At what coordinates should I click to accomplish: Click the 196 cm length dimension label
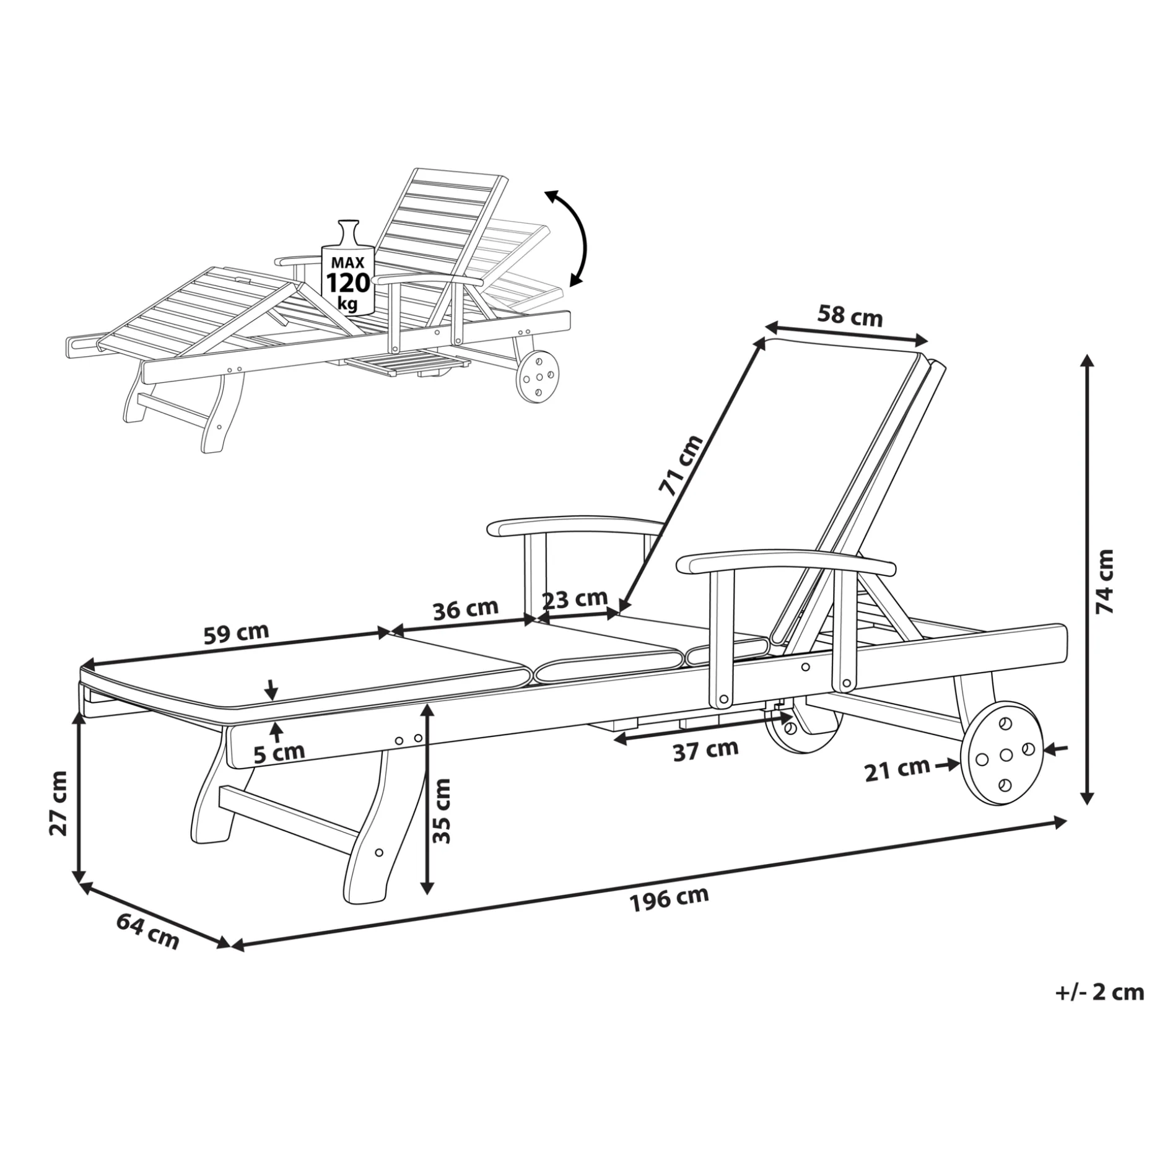click(x=669, y=899)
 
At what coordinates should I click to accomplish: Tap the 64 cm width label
click(x=147, y=932)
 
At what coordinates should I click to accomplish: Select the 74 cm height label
click(x=1105, y=581)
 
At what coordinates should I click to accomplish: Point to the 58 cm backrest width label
click(x=850, y=315)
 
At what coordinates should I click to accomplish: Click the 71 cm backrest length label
click(x=680, y=466)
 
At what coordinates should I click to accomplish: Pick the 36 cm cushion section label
click(x=465, y=609)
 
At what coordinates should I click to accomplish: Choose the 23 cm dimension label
click(x=575, y=599)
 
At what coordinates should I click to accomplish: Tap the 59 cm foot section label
click(x=236, y=633)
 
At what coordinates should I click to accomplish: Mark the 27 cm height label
click(x=59, y=803)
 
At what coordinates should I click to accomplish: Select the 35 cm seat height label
click(x=442, y=811)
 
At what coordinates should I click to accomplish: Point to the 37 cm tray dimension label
click(x=705, y=750)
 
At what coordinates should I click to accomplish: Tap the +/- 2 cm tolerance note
click(x=1099, y=1010)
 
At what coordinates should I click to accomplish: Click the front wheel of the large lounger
click(x=1001, y=753)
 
